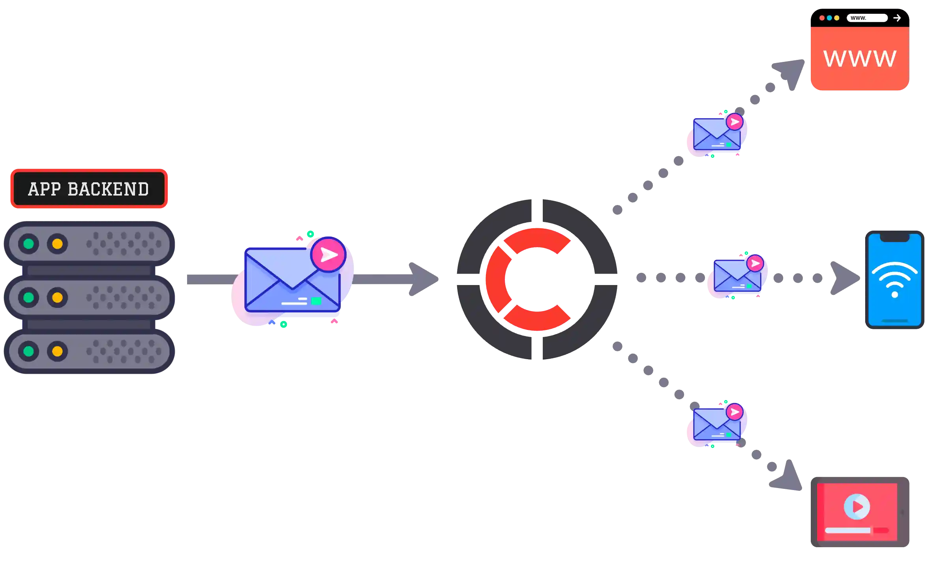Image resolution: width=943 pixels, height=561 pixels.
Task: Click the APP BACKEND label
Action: click(88, 189)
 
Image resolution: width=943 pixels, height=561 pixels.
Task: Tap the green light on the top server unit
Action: click(28, 244)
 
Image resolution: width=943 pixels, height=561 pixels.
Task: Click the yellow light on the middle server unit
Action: click(57, 297)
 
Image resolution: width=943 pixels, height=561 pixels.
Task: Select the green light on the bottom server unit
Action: click(28, 351)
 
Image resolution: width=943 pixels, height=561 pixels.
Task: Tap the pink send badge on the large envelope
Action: click(328, 255)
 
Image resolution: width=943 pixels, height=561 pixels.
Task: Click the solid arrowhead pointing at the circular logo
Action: click(423, 279)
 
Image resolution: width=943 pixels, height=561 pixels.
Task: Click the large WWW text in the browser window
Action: click(859, 59)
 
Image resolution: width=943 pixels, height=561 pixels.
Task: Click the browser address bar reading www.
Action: click(867, 18)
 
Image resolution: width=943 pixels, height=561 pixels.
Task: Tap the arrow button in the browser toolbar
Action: click(897, 18)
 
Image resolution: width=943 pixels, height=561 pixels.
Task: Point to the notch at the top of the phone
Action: click(894, 237)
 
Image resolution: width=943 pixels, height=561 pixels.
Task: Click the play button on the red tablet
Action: click(857, 507)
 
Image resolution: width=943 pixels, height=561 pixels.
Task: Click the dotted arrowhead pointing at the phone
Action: click(845, 278)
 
